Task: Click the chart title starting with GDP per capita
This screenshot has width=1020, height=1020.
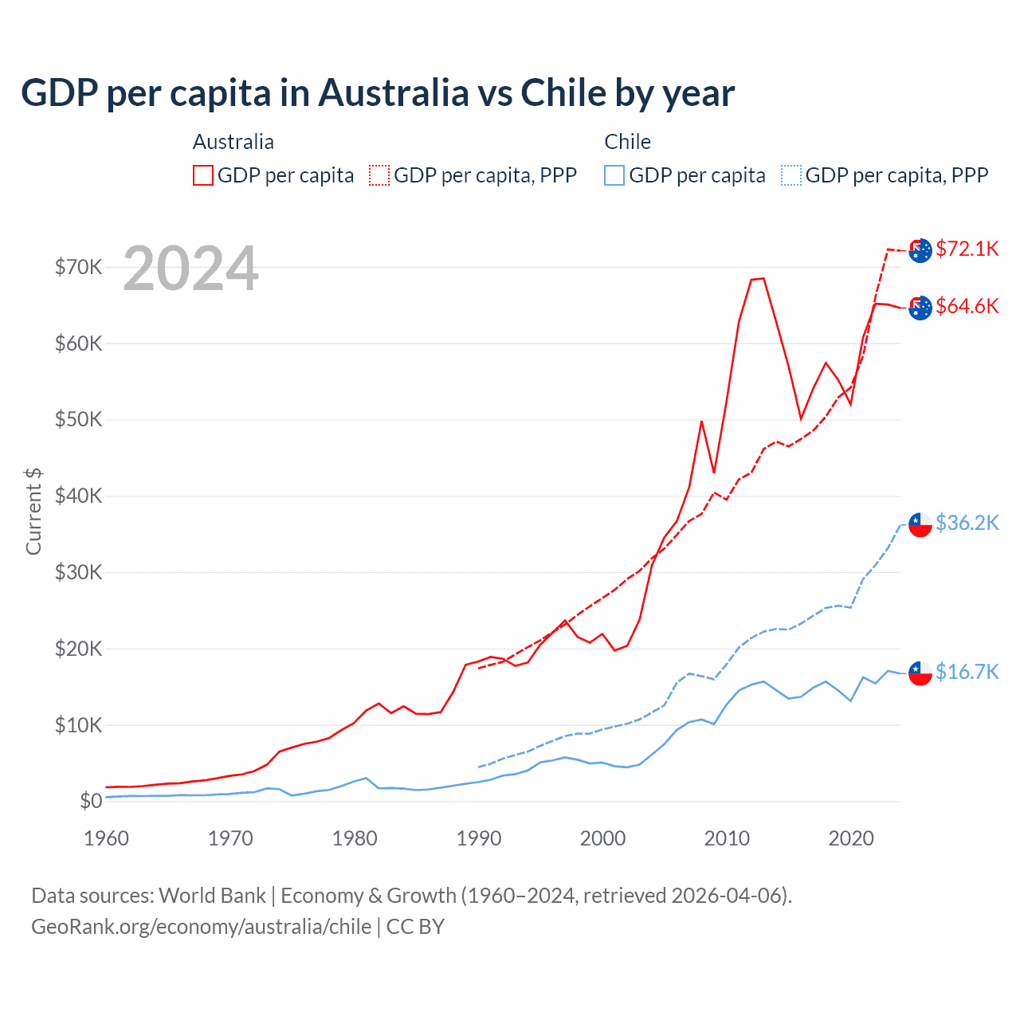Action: click(x=378, y=93)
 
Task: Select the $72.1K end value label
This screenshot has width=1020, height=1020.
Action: click(x=967, y=249)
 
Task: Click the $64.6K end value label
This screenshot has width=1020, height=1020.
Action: click(x=967, y=306)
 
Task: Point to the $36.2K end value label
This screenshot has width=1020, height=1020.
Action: click(x=967, y=523)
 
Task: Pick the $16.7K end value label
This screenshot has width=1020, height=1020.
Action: click(x=967, y=672)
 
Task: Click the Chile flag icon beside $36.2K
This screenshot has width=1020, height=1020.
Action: click(x=920, y=524)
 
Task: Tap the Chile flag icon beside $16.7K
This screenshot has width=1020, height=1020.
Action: click(x=920, y=673)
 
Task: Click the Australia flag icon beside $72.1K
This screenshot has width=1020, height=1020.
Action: click(x=920, y=250)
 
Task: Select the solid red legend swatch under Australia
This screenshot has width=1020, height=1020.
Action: click(x=203, y=175)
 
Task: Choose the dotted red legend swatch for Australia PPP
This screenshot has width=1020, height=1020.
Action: click(x=379, y=175)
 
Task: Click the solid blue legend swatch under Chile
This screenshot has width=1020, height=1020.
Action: click(x=614, y=175)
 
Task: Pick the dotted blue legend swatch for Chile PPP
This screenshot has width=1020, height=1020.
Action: click(x=791, y=175)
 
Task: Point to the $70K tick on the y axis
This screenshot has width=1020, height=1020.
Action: click(x=78, y=267)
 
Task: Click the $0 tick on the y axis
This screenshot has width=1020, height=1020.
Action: click(x=91, y=801)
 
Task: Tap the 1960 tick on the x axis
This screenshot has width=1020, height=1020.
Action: click(x=106, y=838)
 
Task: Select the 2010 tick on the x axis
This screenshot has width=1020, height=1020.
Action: click(x=727, y=838)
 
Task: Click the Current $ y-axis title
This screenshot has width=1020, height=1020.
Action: click(x=33, y=512)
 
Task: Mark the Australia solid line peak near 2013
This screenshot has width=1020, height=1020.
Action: click(x=763, y=278)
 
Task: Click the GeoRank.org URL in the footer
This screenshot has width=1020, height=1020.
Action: click(x=201, y=927)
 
